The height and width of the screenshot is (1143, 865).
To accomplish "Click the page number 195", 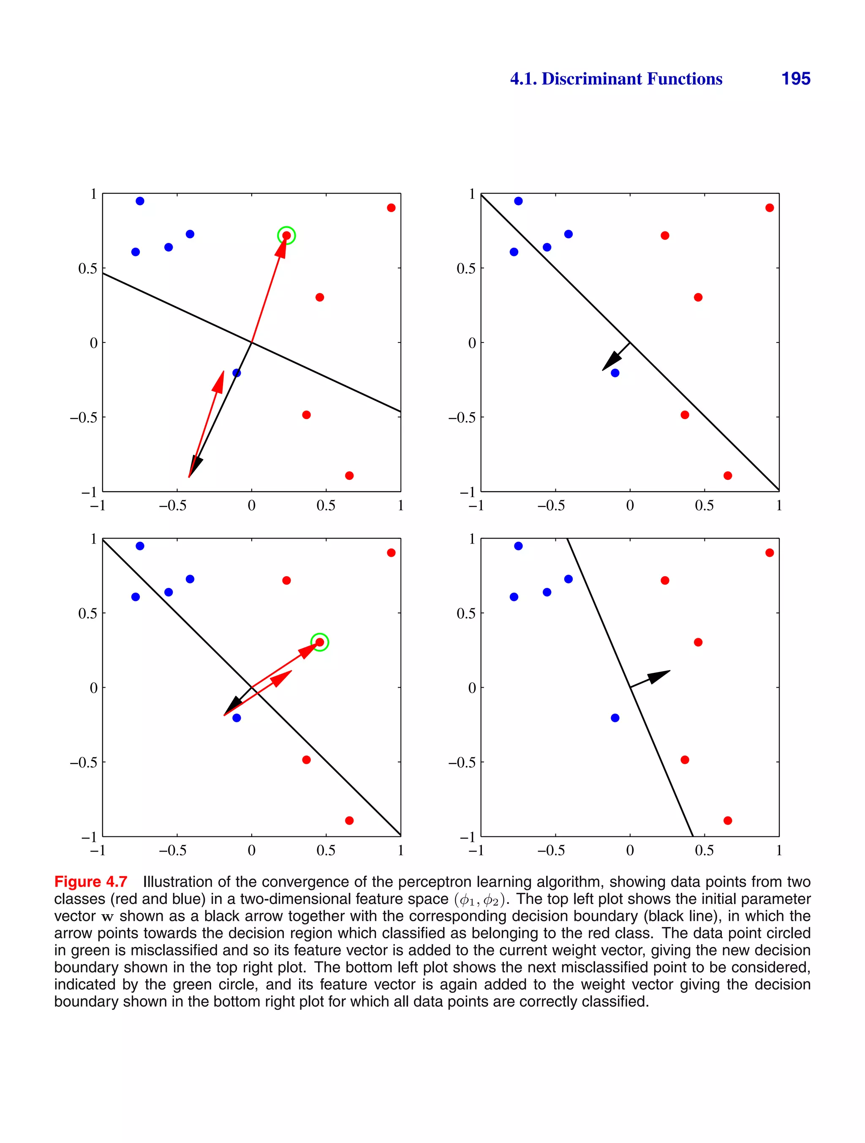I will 795,79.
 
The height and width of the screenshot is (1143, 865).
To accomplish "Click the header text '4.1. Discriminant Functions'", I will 615,79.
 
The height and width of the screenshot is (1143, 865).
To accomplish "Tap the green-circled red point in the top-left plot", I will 286,236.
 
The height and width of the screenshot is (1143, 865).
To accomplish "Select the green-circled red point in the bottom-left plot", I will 319,642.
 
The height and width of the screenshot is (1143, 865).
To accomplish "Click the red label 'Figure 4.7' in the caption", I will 90,882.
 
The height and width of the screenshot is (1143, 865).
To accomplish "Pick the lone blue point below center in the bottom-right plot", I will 615,718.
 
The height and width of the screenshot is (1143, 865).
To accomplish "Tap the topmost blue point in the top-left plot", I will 139,201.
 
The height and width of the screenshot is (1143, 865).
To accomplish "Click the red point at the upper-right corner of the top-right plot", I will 770,208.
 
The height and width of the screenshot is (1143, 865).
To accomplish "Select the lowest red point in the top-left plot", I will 349,475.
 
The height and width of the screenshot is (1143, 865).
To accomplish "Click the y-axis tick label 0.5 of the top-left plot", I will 87,269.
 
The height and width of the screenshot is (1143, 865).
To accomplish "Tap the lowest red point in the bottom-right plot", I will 728,821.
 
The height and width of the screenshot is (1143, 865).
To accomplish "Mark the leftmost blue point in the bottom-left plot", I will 136,597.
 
